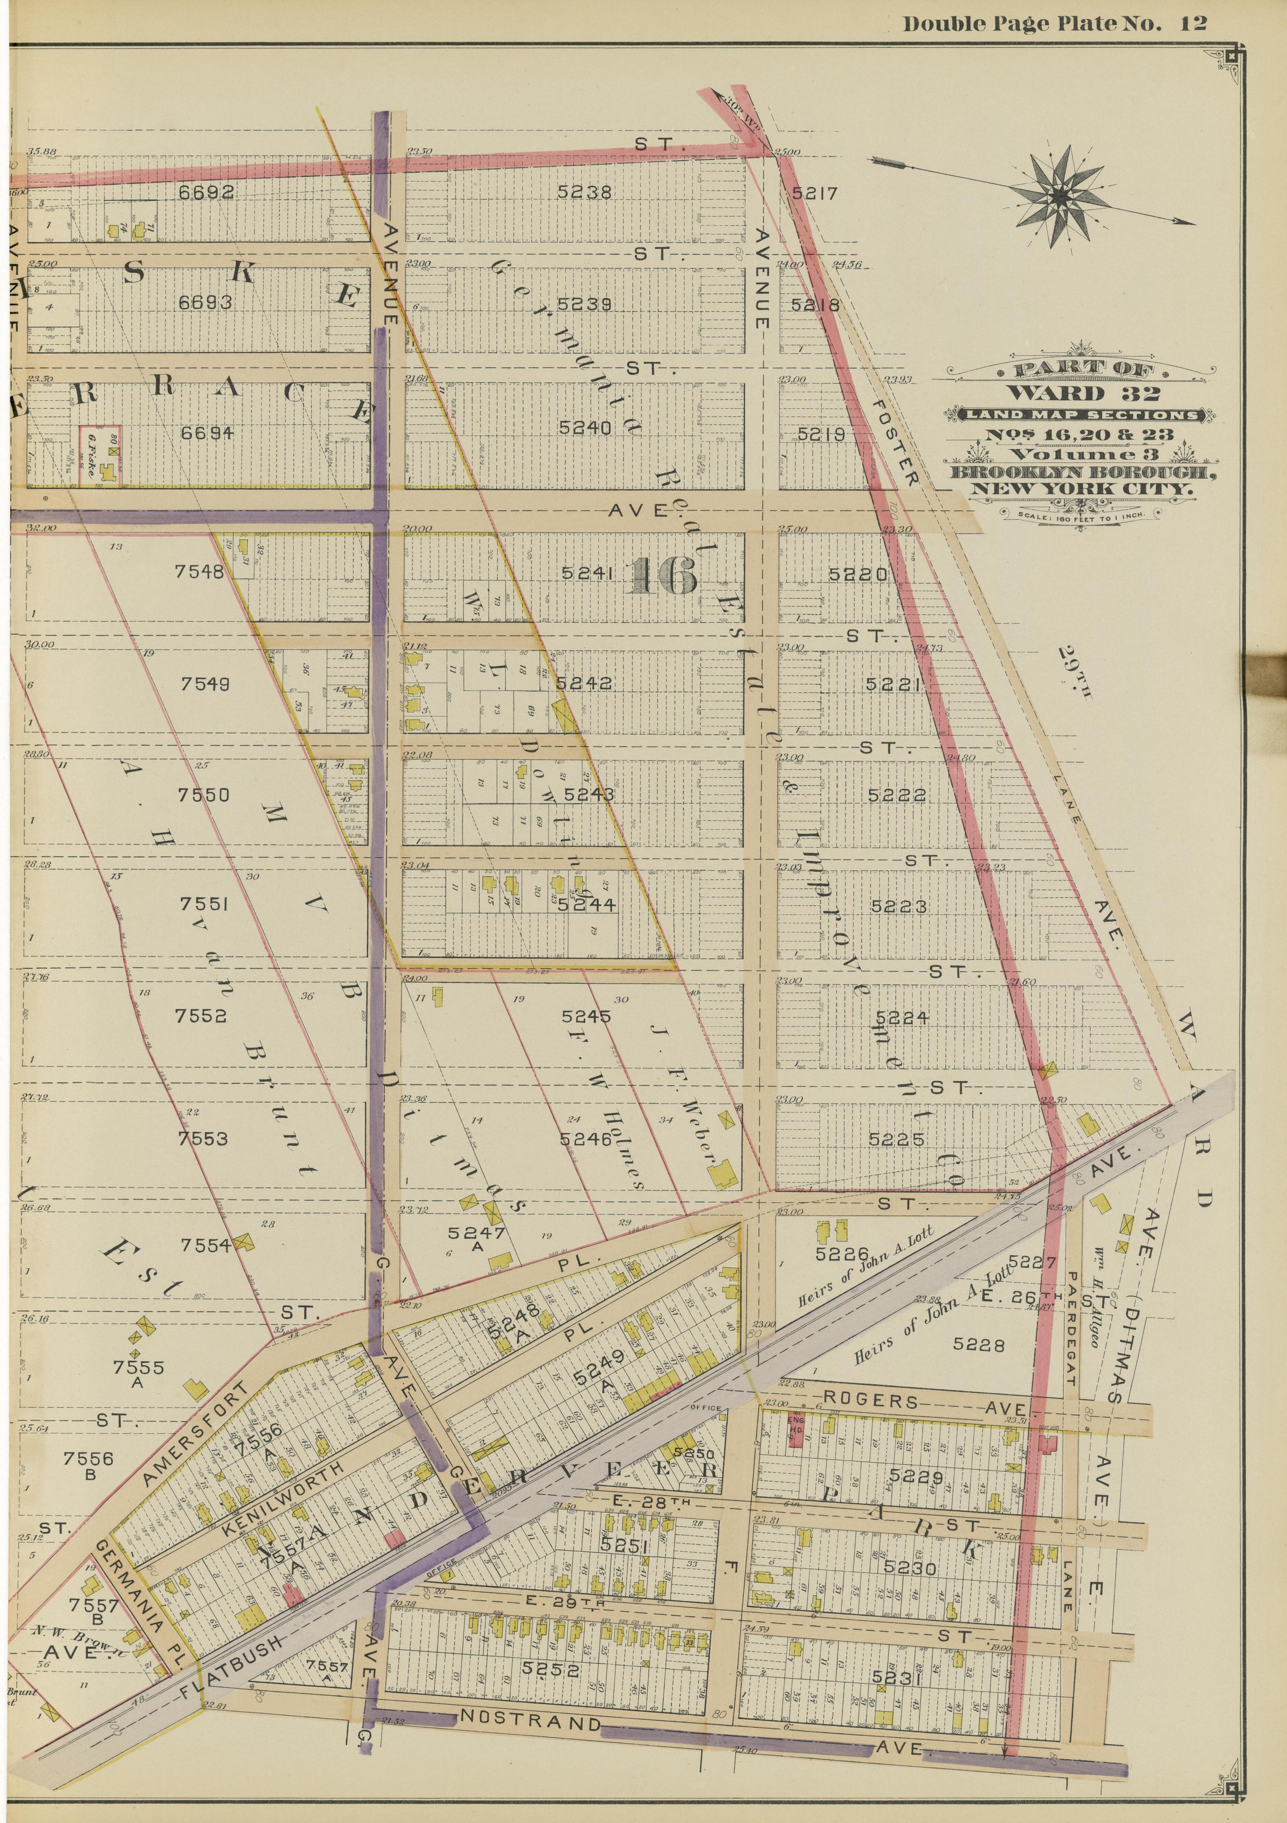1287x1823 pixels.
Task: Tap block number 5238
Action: click(584, 191)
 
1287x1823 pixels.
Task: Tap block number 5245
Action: click(586, 1016)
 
